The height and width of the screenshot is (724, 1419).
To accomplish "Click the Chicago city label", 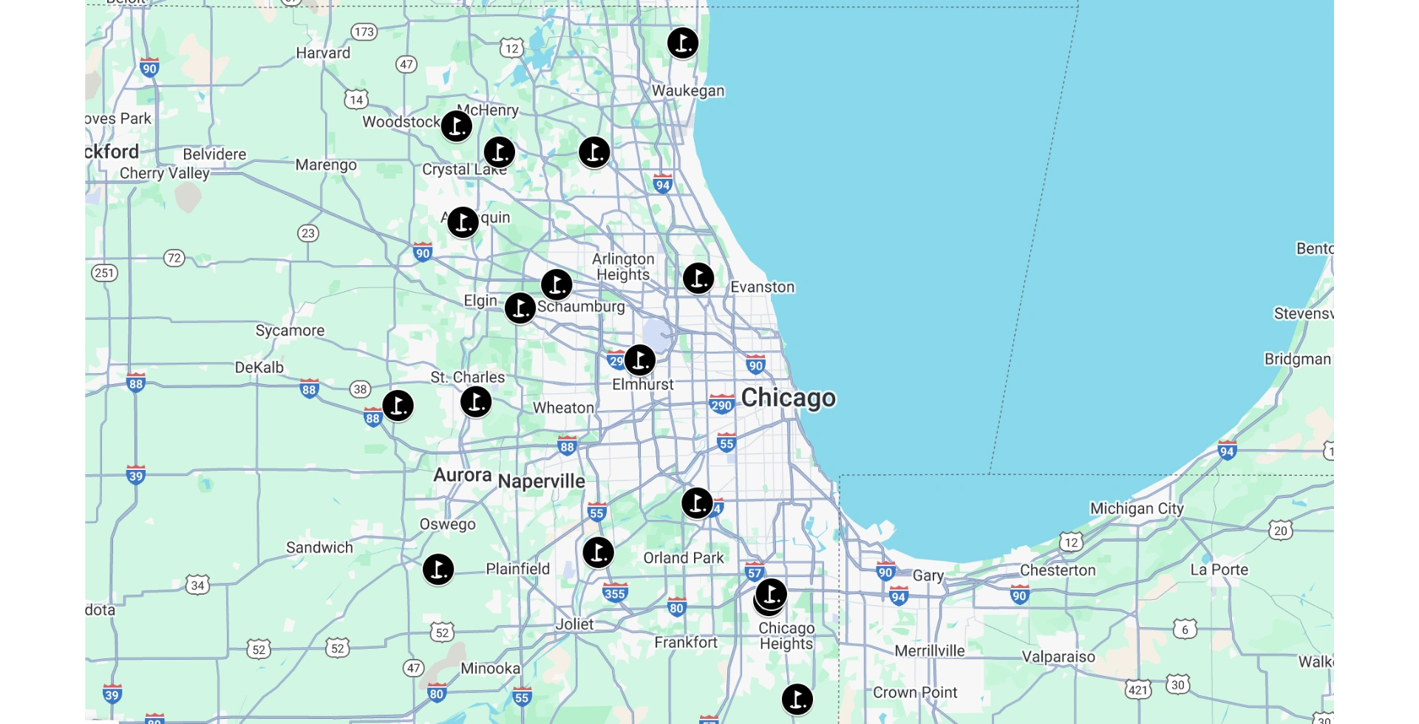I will (788, 397).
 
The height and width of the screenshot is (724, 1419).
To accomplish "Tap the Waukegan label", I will (687, 91).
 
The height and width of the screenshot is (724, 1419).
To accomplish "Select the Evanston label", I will (762, 287).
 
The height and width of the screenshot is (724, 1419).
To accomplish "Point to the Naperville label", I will (541, 481).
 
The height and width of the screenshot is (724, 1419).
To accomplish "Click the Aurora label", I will (462, 474).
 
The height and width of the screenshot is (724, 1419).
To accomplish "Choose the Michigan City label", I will (1136, 508).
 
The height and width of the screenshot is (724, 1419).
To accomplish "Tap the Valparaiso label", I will (1058, 657).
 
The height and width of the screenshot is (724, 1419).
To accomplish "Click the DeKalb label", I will (259, 367).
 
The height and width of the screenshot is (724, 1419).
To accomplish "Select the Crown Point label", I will (914, 692).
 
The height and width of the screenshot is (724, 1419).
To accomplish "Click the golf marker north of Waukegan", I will (682, 43).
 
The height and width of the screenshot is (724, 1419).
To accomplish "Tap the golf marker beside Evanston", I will (698, 279).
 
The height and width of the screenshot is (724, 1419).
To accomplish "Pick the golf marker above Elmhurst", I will (639, 360).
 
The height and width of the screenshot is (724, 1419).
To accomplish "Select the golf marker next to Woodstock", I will (456, 126).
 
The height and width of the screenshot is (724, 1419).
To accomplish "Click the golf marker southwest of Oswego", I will (438, 570).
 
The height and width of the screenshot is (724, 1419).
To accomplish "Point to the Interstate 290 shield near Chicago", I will (721, 404).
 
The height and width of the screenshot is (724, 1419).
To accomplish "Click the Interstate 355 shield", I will (614, 592).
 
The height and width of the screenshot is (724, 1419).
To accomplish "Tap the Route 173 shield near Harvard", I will (364, 32).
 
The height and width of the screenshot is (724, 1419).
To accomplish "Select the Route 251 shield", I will (104, 273).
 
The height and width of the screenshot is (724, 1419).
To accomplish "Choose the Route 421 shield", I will (1137, 690).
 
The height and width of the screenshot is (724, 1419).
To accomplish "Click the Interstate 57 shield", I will (754, 572).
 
